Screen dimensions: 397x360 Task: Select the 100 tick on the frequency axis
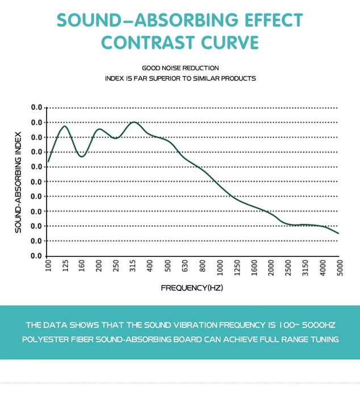(x=48, y=265)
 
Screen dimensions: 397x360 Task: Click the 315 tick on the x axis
(x=132, y=265)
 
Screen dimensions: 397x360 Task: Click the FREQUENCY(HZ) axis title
(x=192, y=288)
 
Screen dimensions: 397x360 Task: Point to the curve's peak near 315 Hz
(x=134, y=122)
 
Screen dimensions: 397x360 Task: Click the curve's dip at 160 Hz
(x=82, y=157)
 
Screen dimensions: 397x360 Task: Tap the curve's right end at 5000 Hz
(x=338, y=233)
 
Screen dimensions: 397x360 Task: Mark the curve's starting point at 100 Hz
(x=48, y=162)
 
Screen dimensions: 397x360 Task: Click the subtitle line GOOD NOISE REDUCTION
(x=180, y=68)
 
